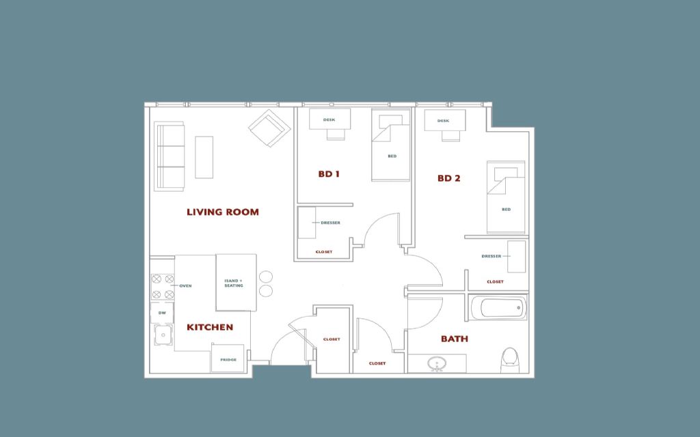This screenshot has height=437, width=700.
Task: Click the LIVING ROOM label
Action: tap(223, 212)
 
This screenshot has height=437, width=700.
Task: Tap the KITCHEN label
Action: tap(210, 327)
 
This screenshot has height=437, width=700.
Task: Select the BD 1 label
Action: tap(329, 174)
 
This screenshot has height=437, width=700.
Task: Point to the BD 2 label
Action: tap(448, 178)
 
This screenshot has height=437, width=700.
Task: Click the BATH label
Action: tap(455, 339)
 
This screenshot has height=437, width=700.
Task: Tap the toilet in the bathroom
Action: tap(510, 360)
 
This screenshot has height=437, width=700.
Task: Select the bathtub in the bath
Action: tap(498, 308)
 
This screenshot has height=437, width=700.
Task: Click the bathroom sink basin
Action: tap(435, 363)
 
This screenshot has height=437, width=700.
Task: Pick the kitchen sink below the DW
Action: tap(164, 335)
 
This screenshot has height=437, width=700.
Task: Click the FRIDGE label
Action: tap(228, 360)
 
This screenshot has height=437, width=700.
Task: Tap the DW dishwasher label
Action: tap(162, 313)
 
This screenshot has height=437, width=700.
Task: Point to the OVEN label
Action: tap(185, 286)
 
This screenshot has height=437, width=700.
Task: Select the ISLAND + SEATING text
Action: tap(234, 283)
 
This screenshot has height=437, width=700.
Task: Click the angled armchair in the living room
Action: tap(269, 128)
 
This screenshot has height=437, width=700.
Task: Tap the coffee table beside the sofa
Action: tap(204, 158)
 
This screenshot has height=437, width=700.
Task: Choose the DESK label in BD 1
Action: tap(329, 120)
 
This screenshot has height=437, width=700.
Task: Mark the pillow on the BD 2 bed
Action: tap(506, 173)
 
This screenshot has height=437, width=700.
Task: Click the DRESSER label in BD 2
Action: tap(491, 257)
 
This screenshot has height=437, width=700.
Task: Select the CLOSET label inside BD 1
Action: tap(324, 252)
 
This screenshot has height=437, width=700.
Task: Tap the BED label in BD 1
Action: tap(392, 156)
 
